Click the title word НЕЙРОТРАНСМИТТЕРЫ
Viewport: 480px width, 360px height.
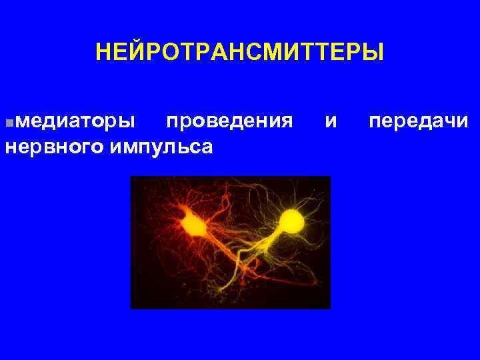tap(239, 51)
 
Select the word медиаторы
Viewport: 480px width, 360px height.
tap(76, 122)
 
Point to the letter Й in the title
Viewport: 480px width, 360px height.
tap(134, 51)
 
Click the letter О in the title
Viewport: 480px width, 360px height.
tap(165, 51)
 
